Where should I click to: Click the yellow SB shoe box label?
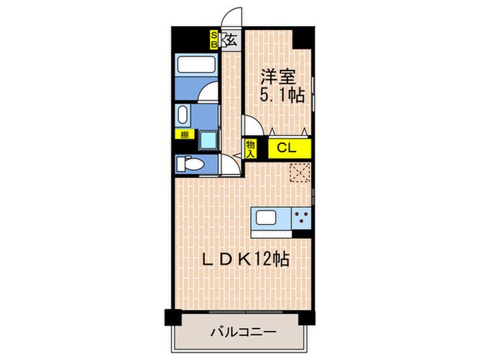pyautogui.click(x=215, y=38)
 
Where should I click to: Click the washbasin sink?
pyautogui.click(x=183, y=114)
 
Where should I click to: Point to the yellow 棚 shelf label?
pyautogui.click(x=184, y=134)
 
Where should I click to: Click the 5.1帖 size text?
pyautogui.click(x=281, y=95)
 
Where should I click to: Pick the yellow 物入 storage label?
pyautogui.click(x=250, y=148)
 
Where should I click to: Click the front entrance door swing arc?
pyautogui.click(x=234, y=18)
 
